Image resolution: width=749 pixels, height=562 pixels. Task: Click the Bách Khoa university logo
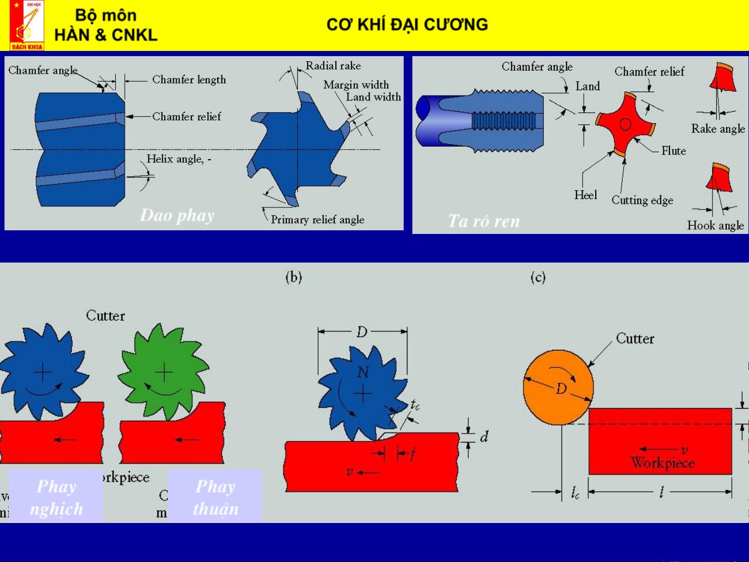pyautogui.click(x=27, y=25)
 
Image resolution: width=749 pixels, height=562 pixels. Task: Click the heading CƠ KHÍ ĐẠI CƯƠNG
pyautogui.click(x=407, y=24)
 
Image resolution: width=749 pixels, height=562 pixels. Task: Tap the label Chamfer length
pyautogui.click(x=189, y=80)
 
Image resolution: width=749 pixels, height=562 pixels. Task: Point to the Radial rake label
pyautogui.click(x=333, y=66)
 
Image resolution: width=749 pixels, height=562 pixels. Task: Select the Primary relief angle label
pyautogui.click(x=317, y=219)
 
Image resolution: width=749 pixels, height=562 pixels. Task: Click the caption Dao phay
pyautogui.click(x=177, y=215)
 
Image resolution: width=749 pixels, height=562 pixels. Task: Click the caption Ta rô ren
pyautogui.click(x=483, y=221)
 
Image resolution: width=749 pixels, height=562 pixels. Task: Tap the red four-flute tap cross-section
pyautogui.click(x=625, y=124)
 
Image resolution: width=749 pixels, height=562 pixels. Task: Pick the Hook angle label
pyautogui.click(x=715, y=225)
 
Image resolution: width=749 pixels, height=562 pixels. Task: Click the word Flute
pyautogui.click(x=674, y=151)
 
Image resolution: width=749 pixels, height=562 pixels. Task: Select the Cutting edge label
pyautogui.click(x=642, y=200)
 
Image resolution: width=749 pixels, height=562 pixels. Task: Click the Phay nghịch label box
pyautogui.click(x=56, y=496)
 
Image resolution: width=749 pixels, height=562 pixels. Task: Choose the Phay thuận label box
pyautogui.click(x=215, y=496)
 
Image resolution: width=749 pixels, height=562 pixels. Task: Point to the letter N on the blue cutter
pyautogui.click(x=363, y=372)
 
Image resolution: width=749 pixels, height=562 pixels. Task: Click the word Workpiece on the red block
pyautogui.click(x=663, y=462)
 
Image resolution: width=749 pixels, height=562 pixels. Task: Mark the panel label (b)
pyautogui.click(x=294, y=277)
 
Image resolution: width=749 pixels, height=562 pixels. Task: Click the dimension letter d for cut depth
pyautogui.click(x=484, y=437)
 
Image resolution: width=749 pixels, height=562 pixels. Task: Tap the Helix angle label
pyautogui.click(x=178, y=159)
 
